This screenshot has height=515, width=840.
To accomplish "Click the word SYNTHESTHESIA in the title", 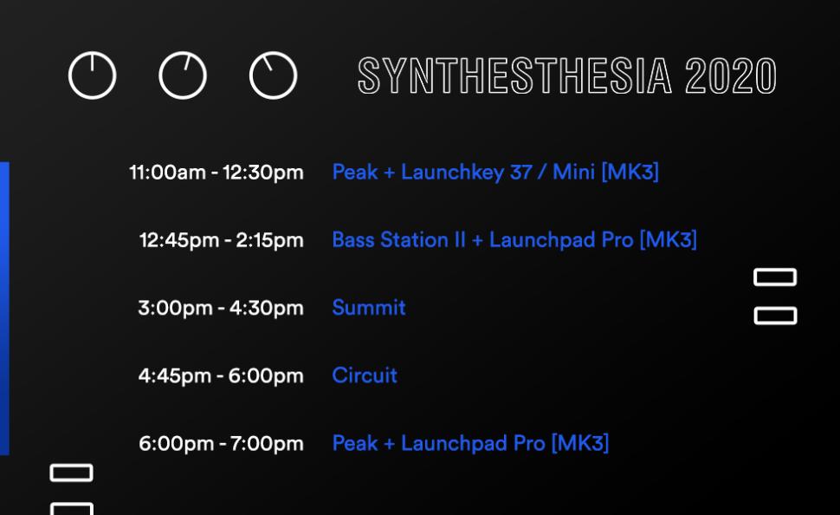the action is [514, 75].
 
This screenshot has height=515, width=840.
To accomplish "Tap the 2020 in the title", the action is [731, 75].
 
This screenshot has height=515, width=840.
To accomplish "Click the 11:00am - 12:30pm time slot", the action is [216, 173].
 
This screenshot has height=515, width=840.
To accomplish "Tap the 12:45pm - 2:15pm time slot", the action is [221, 240].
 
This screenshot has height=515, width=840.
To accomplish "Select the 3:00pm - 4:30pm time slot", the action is [221, 309].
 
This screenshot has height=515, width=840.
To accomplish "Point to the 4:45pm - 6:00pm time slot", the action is [221, 376].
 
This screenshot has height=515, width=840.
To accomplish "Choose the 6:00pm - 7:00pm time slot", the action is [221, 444].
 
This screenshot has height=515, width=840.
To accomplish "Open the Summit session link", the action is [369, 308].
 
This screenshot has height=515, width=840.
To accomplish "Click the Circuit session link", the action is [365, 375].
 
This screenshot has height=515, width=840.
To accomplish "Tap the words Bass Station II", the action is [398, 240].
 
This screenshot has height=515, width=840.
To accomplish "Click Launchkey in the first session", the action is [452, 173].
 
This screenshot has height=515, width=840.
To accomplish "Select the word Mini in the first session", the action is [573, 173].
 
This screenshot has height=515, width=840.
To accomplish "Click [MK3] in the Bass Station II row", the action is [668, 240].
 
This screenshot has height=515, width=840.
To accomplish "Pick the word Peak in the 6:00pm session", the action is [355, 444].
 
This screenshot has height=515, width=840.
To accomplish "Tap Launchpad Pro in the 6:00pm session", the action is [473, 444].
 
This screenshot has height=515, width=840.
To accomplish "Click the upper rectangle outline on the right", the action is [775, 270].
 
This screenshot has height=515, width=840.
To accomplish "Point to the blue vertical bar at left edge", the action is [5, 309].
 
